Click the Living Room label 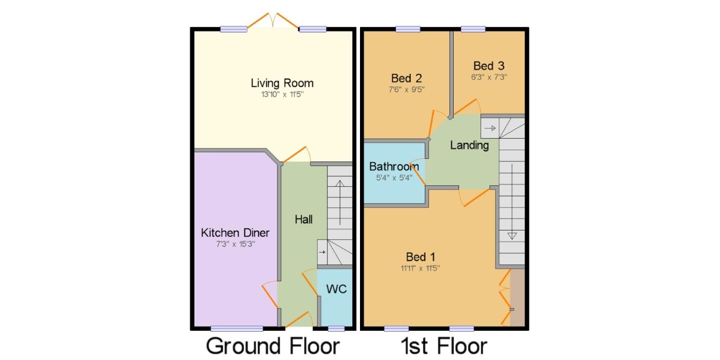click(282, 83)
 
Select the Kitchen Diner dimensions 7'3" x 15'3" click(235, 244)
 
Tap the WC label click(336, 289)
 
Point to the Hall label click(303, 219)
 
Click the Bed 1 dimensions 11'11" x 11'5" click(420, 268)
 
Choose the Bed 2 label click(406, 78)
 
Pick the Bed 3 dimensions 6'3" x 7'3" click(489, 77)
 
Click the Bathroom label click(394, 167)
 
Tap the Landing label click(469, 145)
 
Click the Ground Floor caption click(273, 346)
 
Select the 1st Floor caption click(444, 346)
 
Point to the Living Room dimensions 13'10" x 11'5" click(282, 94)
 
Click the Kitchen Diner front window click(237, 328)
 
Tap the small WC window click(336, 328)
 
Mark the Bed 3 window click(473, 29)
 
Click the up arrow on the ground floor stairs click(340, 203)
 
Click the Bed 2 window click(408, 29)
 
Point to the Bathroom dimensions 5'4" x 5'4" click(394, 178)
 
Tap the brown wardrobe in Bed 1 click(517, 297)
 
